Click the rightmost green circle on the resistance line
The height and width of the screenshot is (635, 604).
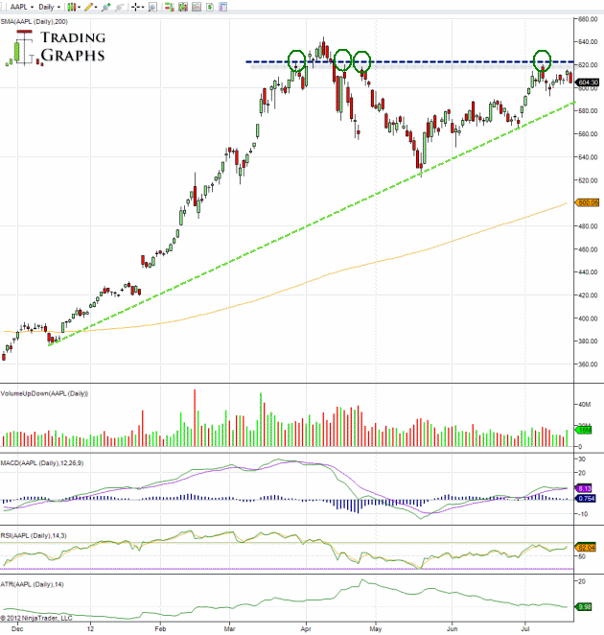point(543,61)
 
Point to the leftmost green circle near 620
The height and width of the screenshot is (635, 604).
point(296,61)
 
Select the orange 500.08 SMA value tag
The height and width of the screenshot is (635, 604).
point(587,202)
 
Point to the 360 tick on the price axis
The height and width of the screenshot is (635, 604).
point(586,365)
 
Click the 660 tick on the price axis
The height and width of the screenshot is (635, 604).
point(586,18)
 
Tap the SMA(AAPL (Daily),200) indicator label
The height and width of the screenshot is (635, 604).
point(35,19)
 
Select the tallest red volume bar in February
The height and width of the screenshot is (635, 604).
point(195,418)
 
